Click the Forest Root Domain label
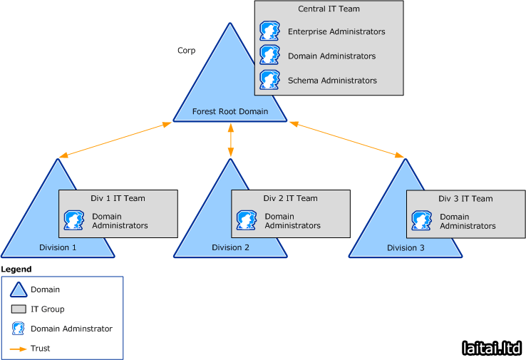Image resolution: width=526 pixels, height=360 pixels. (230, 111)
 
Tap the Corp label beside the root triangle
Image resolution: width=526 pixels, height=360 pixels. (187, 51)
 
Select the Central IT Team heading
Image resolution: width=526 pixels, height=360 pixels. (329, 9)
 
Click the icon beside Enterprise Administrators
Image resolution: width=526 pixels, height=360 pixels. (269, 31)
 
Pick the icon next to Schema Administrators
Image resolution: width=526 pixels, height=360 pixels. (269, 80)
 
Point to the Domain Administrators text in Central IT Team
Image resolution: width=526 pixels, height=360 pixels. (331, 56)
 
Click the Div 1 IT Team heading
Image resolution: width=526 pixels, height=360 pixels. (118, 198)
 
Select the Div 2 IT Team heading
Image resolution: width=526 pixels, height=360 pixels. (290, 198)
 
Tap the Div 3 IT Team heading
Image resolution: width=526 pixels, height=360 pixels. (465, 199)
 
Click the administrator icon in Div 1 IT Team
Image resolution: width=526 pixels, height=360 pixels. (73, 220)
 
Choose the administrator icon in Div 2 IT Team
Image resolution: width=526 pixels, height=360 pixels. (246, 220)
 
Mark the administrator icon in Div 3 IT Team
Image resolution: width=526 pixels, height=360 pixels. (421, 221)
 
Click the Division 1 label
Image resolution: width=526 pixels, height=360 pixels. (58, 247)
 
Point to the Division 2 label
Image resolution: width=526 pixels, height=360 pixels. (230, 247)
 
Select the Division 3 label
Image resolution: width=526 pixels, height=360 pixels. (406, 247)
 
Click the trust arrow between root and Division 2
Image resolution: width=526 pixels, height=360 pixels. (231, 141)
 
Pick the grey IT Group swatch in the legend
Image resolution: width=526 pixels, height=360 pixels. (19, 309)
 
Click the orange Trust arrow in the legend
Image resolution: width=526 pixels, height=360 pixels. (19, 349)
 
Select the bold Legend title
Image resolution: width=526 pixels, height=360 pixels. (16, 269)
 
